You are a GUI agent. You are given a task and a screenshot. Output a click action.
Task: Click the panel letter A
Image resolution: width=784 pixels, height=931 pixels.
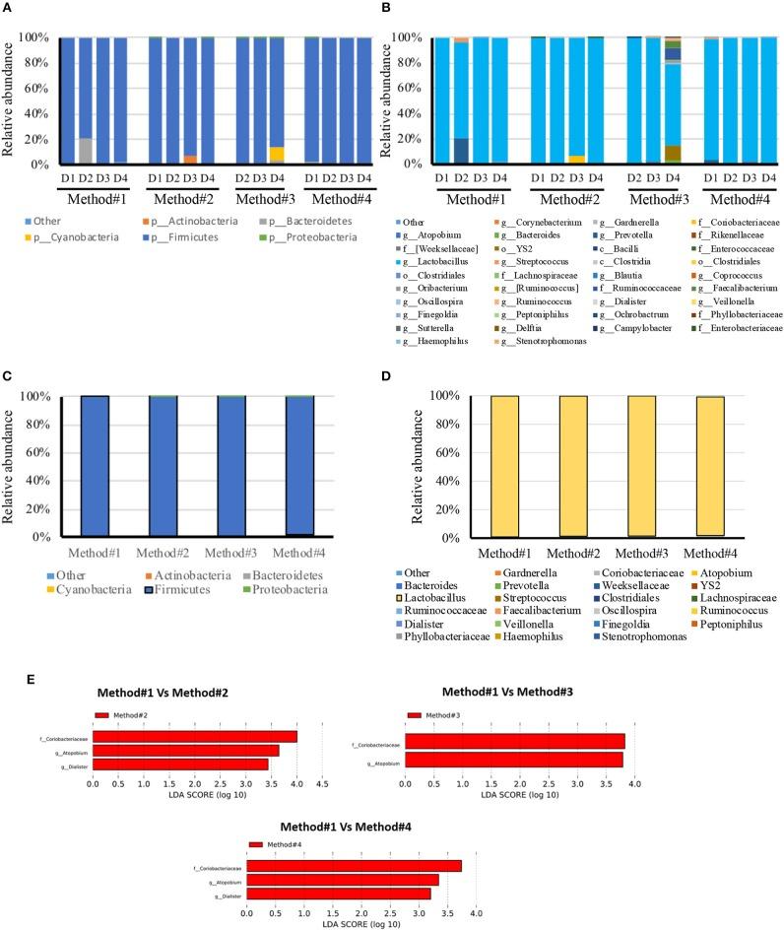(x=10, y=9)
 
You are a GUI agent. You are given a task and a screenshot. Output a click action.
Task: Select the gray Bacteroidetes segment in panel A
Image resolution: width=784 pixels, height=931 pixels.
(x=86, y=151)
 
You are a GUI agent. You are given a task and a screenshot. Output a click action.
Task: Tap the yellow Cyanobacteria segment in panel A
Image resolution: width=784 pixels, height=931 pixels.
(x=277, y=155)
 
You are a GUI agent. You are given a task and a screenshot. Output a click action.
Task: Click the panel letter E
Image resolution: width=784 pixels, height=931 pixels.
(x=9, y=681)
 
